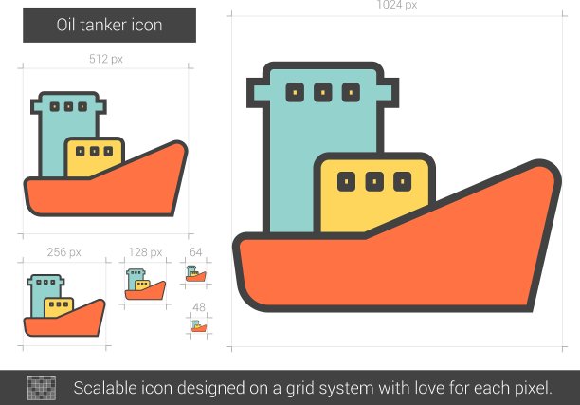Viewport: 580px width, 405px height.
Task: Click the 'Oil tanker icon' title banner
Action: [110, 26]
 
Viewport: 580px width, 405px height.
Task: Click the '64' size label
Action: [195, 252]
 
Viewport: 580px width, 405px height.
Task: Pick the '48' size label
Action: [199, 307]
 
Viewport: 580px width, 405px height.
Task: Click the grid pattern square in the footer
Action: [42, 388]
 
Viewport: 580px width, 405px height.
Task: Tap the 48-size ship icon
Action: [199, 326]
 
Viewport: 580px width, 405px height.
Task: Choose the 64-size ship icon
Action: [195, 273]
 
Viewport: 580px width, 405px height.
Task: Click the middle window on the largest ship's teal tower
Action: [323, 92]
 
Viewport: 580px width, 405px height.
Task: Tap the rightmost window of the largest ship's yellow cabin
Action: [403, 181]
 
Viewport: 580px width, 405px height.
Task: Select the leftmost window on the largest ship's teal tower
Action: [295, 92]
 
